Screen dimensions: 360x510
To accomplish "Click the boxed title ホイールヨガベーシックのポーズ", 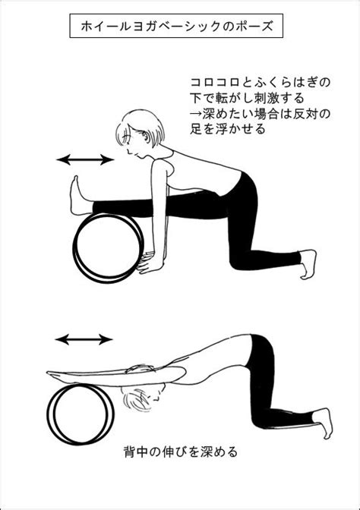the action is point(176,26).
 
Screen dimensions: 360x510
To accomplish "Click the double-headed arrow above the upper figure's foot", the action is point(85,159).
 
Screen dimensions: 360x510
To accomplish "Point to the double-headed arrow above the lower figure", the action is point(84,339).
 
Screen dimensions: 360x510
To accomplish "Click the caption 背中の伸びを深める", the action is point(181,452).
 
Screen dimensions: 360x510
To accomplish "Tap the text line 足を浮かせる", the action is point(228,129).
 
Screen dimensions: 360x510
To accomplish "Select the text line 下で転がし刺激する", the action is point(248,97).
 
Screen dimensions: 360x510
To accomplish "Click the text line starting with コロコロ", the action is point(261,82).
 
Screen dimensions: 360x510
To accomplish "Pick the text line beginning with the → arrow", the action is point(261,113).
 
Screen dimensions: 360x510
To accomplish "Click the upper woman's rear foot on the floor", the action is point(308,264).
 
